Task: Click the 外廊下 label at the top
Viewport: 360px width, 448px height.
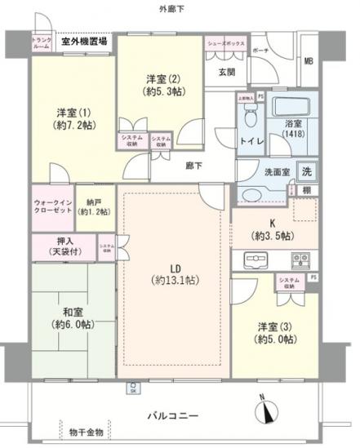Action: coord(175,8)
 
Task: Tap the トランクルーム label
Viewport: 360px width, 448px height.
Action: coord(42,42)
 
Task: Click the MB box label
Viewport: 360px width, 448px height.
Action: coord(309,61)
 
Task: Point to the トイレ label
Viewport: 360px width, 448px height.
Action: coord(250,141)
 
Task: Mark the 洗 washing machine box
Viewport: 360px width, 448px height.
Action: coord(307,172)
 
